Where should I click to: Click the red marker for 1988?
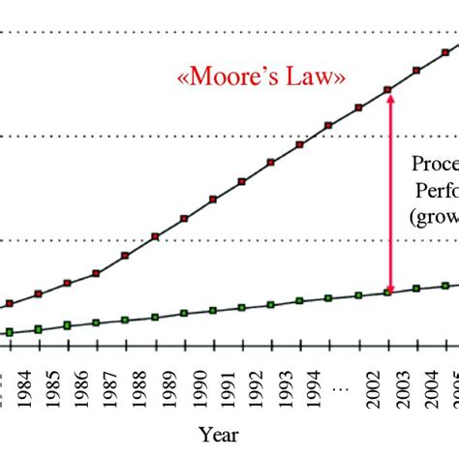155,236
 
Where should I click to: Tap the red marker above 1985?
67,284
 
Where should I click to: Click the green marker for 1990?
213,311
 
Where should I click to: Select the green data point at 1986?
96,322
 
